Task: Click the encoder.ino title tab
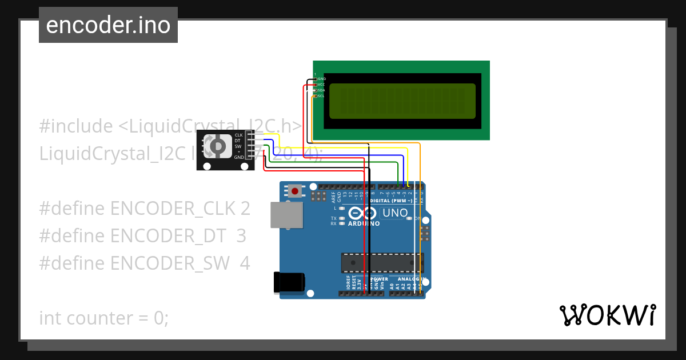108,25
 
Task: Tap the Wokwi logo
607,315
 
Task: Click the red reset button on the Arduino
295,191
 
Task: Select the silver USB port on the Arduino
286,214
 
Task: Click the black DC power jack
289,282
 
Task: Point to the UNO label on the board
395,213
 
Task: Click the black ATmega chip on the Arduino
382,262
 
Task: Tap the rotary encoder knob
217,147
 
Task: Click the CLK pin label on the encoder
238,135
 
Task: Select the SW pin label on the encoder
238,146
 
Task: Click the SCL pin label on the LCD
321,96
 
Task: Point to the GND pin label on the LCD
321,78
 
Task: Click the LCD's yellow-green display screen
402,101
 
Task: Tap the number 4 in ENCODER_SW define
245,263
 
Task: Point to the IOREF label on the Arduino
348,283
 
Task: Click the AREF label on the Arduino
333,197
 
